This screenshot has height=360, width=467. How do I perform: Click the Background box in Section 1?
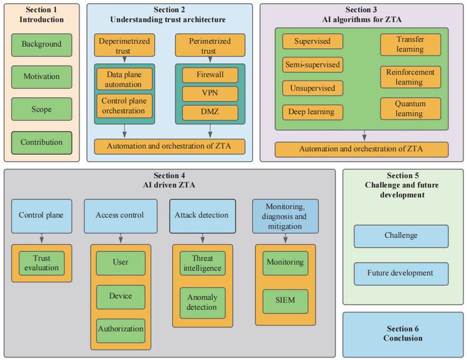[x=41, y=45]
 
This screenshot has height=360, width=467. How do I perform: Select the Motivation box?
[x=41, y=77]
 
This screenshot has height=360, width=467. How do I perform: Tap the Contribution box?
[x=41, y=142]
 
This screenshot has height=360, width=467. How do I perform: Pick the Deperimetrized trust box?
[x=125, y=45]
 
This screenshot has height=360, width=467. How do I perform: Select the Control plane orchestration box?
[x=124, y=106]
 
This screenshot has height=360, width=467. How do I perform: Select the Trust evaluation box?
[x=41, y=263]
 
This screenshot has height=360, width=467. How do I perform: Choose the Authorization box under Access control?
[x=121, y=329]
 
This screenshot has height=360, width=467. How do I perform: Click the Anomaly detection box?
[x=202, y=302]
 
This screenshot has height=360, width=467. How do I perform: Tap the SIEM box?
[x=284, y=301]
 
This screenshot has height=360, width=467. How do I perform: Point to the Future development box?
[x=400, y=273]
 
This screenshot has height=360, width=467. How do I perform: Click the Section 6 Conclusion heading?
[x=404, y=333]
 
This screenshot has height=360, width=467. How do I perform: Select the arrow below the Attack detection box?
[x=202, y=237]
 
